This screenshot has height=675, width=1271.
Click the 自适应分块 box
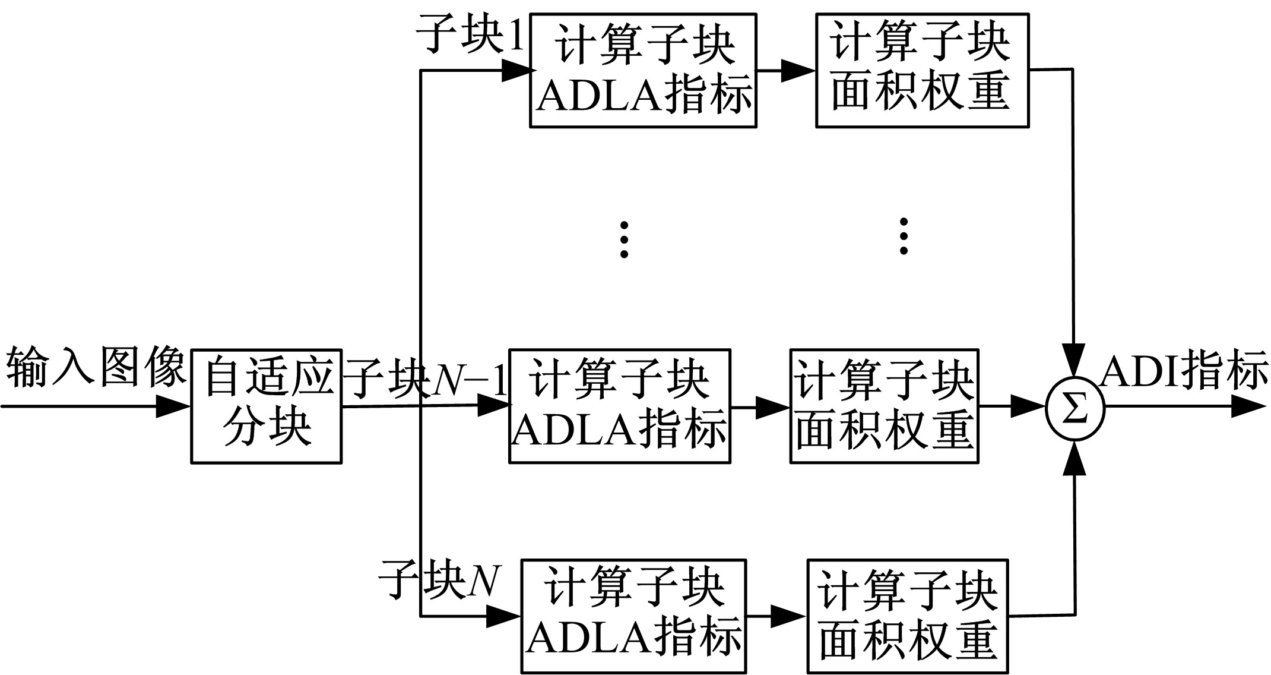coord(266,406)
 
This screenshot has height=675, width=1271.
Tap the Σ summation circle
coord(1075,409)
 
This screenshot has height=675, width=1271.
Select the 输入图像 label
coord(95,367)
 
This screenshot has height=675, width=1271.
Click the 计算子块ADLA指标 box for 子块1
coord(643,71)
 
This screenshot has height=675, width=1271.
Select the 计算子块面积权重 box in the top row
coord(922,71)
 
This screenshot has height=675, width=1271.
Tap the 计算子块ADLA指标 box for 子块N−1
coord(620,406)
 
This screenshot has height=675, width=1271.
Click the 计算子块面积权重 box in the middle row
coord(884,406)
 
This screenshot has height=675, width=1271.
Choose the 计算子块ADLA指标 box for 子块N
coord(633,616)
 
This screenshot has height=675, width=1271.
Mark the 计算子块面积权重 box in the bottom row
coord(908,616)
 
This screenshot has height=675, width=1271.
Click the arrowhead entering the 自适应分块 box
coord(173,407)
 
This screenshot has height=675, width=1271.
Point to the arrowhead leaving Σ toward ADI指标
coord(1249,408)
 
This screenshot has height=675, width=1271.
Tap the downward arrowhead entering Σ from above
coord(1074,360)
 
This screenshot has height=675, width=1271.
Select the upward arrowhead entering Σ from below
coord(1075,459)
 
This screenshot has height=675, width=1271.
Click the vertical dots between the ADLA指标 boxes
coord(624,239)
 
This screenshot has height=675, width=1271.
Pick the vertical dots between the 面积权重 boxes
coord(904,236)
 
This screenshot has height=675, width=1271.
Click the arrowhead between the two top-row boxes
coord(797,71)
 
